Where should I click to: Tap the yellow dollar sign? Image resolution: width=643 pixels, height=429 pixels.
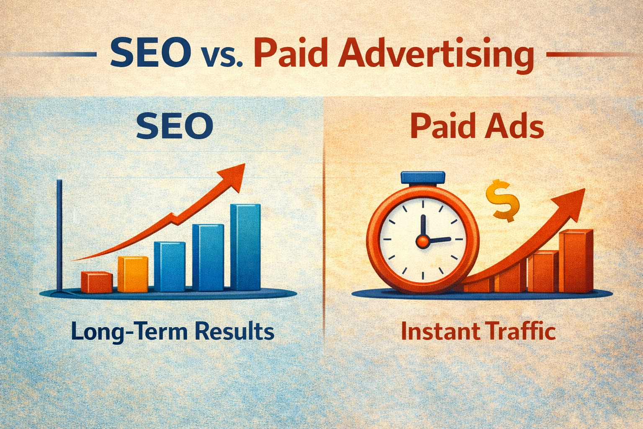pos(502,200)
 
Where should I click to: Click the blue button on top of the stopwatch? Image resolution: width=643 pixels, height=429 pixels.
pos(423,177)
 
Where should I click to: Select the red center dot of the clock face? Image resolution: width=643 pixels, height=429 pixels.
pos(422,240)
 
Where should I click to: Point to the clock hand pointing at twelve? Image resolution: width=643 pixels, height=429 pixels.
pos(423,226)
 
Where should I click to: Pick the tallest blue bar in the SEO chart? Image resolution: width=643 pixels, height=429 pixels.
pos(245,247)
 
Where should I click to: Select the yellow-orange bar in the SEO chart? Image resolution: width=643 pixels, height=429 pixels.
pos(133,274)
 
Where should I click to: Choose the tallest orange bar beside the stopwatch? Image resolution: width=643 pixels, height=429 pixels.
pos(578,261)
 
